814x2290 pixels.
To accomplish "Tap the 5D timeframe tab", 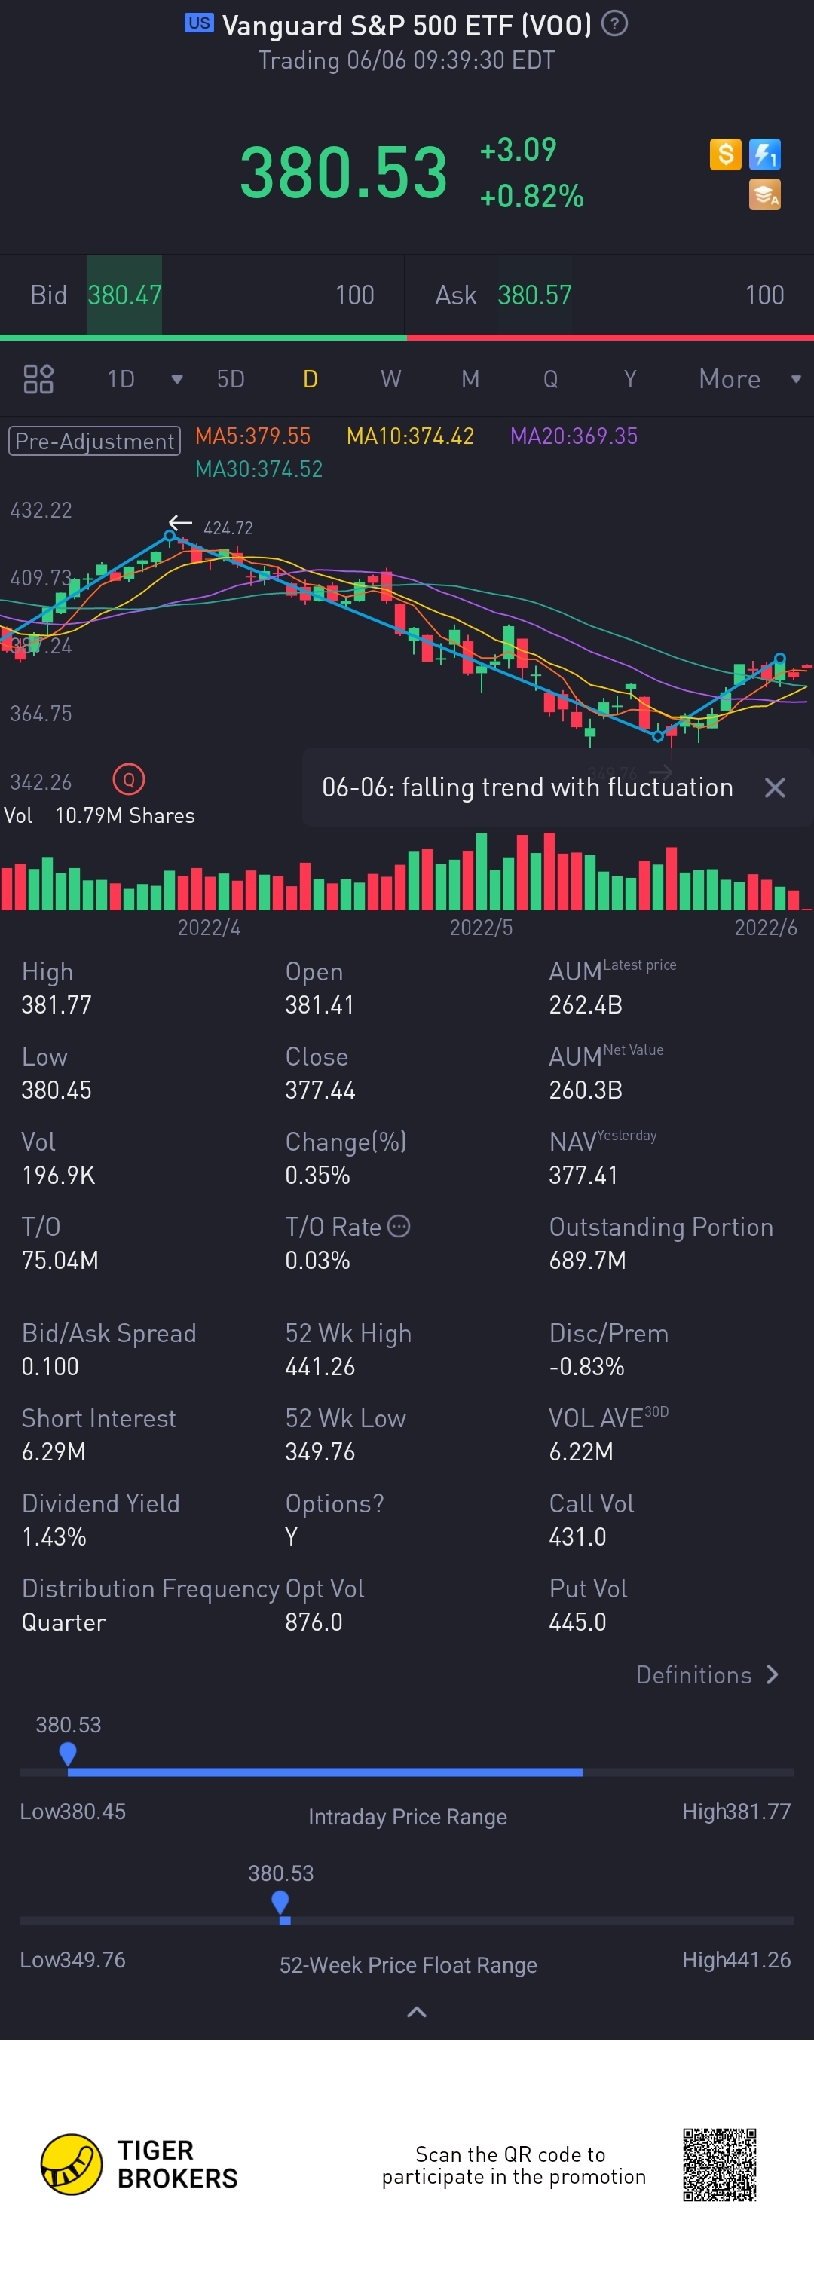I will pos(231,380).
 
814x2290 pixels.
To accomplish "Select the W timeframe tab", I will pos(390,380).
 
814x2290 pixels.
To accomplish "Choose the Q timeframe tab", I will pos(551,380).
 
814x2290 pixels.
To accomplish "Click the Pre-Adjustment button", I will pos(94,441).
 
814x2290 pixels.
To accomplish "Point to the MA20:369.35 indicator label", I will pos(574,436).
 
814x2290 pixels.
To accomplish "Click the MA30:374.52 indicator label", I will pos(259,469).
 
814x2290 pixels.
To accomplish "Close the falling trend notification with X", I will pos(775,787).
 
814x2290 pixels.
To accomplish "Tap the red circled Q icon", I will pos(129,780).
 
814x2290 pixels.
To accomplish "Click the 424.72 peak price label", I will pos(228,528).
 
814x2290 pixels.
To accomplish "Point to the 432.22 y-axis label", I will pos(41,510).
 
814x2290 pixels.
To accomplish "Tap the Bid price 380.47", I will pos(124,295).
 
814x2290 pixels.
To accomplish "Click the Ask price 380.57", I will pos(534,295).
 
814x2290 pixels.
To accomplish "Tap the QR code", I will pos(720,2165).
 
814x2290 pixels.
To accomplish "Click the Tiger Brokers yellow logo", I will pos(71,2165).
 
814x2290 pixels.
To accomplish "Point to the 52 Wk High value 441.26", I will pos(320,1366).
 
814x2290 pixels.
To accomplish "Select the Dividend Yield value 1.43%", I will pos(54,1537).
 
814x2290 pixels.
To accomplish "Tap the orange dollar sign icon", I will pos(725,154).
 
